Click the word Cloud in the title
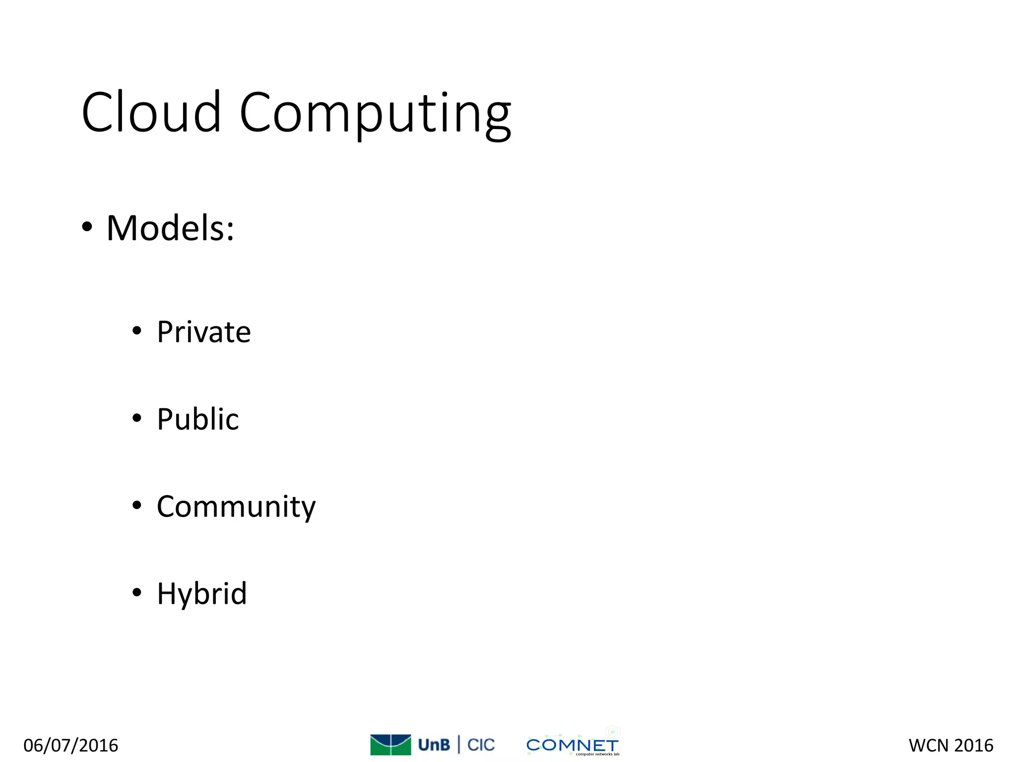coord(151,113)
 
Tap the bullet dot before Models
coord(87,228)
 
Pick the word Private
coord(204,332)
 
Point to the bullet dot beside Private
coord(137,331)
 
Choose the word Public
coord(197,419)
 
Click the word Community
coord(236,507)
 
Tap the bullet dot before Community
coord(137,506)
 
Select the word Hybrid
coord(201,593)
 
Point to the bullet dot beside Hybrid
coord(137,592)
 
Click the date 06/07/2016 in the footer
coord(71,745)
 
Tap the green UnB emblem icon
coord(390,745)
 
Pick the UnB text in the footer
coord(434,745)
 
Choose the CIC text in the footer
coord(481,745)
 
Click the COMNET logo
coord(572,745)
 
